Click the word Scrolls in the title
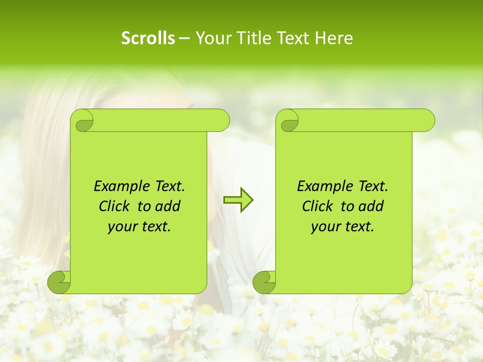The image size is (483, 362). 148,38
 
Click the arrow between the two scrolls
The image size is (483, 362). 238,200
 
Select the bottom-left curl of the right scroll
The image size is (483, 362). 265,282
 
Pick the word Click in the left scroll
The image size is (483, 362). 114,207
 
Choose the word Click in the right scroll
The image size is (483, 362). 317,207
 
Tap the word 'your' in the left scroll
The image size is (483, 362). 121,227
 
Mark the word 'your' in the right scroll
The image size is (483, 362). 325,227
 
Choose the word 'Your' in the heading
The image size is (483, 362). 212,38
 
